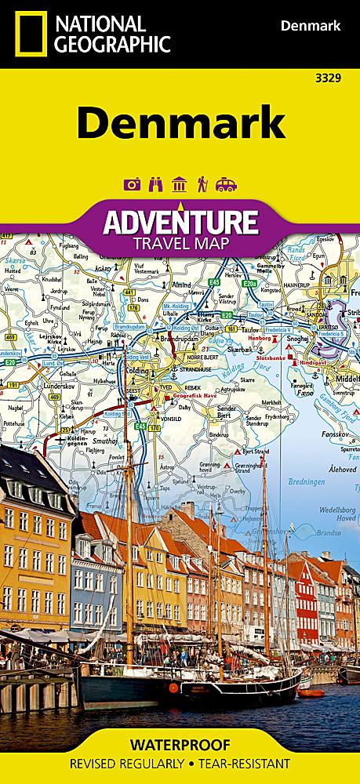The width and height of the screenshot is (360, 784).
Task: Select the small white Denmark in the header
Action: pos(311,27)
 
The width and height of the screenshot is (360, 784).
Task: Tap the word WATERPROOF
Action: pos(180,743)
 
